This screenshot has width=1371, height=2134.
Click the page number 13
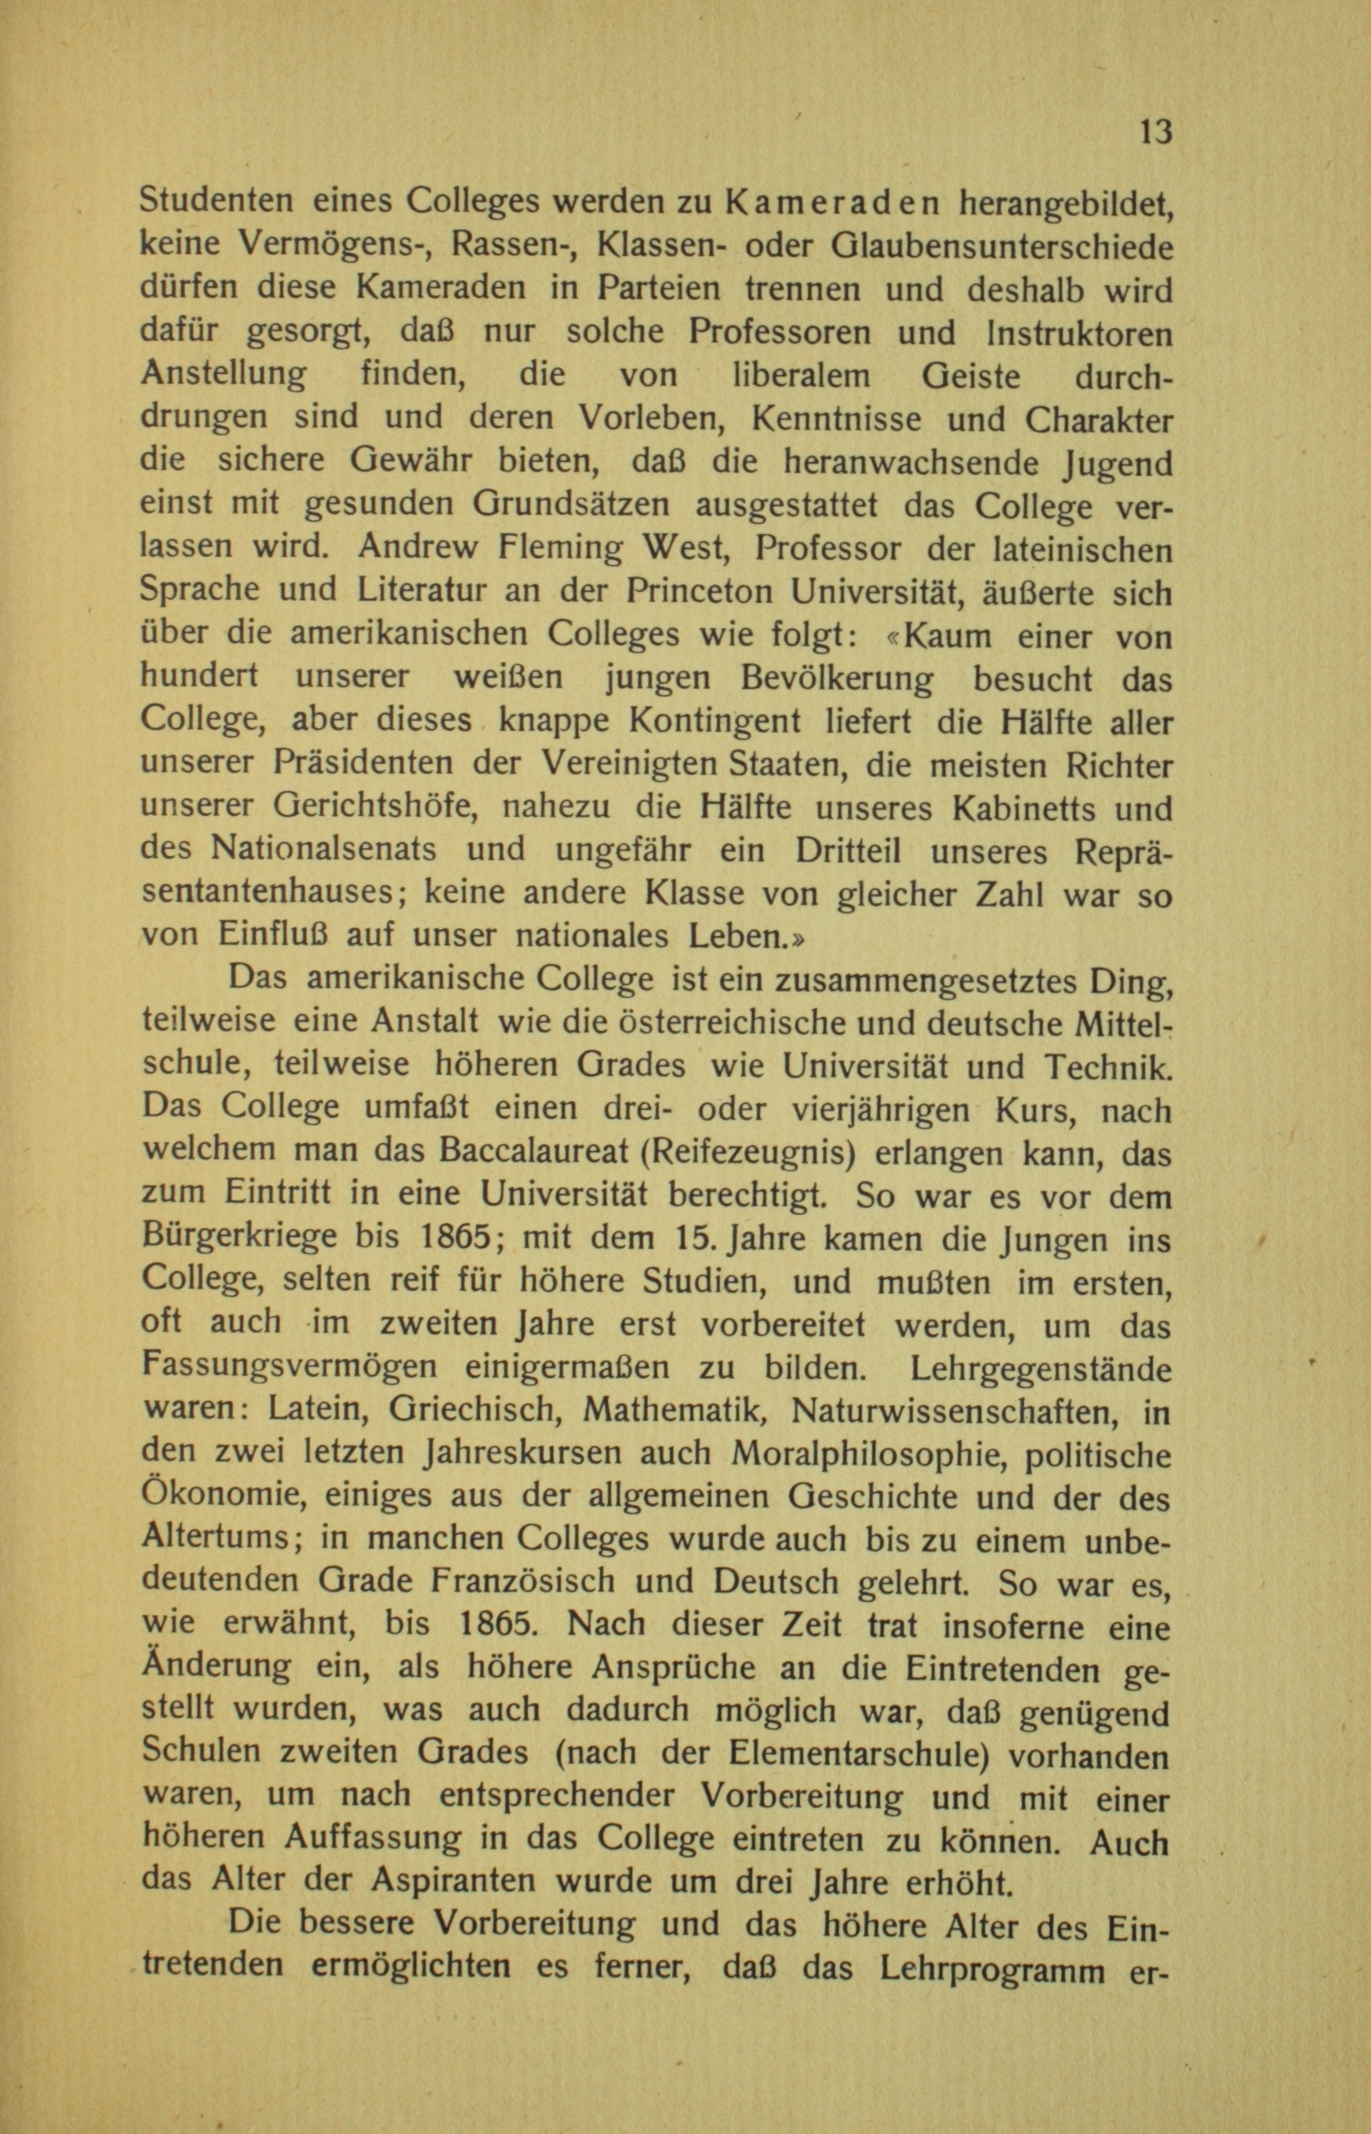1155,132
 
